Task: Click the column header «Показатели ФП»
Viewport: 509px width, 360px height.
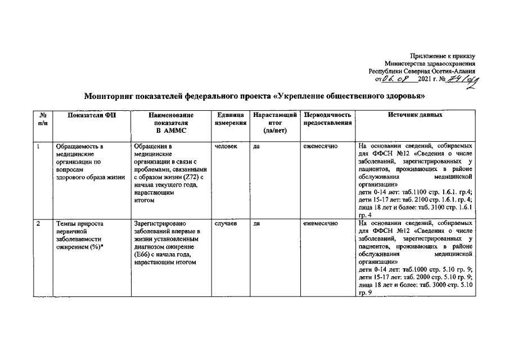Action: click(91, 115)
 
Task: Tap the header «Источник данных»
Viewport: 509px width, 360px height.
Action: click(415, 115)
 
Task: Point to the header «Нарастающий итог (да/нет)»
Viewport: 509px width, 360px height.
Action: click(275, 123)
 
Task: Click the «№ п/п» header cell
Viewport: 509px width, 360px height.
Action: click(42, 119)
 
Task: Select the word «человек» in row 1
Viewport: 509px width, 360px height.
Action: click(226, 146)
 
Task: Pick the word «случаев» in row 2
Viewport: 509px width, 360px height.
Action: click(226, 224)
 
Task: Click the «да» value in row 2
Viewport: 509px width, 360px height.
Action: click(256, 224)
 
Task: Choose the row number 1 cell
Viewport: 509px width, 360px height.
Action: click(38, 146)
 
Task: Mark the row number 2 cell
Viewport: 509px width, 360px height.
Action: click(38, 224)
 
